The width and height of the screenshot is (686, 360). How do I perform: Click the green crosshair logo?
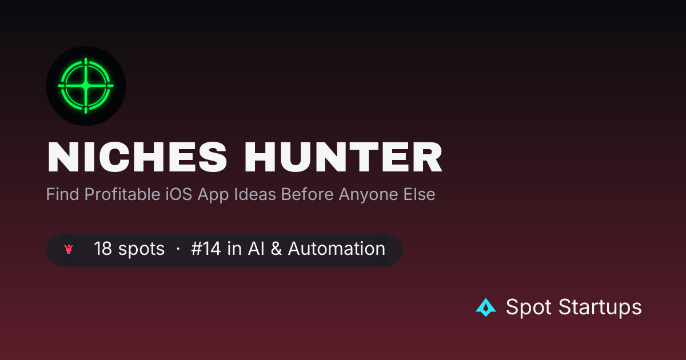(x=86, y=86)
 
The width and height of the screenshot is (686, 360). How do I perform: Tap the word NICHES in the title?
(x=137, y=157)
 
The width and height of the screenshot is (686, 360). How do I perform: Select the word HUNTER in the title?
(x=344, y=157)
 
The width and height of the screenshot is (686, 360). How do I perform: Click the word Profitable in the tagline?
(x=122, y=194)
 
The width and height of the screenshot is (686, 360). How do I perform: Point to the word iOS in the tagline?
(x=179, y=194)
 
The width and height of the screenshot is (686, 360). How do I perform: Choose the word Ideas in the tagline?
(x=255, y=194)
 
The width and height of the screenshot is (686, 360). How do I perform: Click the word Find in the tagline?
(x=62, y=194)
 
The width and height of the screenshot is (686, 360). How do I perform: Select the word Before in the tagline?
(x=307, y=194)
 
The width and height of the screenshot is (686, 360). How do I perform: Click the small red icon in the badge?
(x=69, y=249)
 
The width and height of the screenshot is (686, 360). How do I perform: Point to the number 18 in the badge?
(x=102, y=248)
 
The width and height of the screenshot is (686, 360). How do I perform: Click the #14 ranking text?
(x=206, y=248)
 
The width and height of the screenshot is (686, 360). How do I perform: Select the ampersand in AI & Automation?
(x=276, y=248)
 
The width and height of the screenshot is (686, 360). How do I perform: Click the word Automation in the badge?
(x=337, y=248)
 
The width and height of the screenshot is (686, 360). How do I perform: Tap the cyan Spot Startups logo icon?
(x=486, y=307)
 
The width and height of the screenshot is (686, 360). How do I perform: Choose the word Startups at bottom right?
(x=600, y=307)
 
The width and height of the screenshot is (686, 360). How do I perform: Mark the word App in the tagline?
(x=213, y=195)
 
